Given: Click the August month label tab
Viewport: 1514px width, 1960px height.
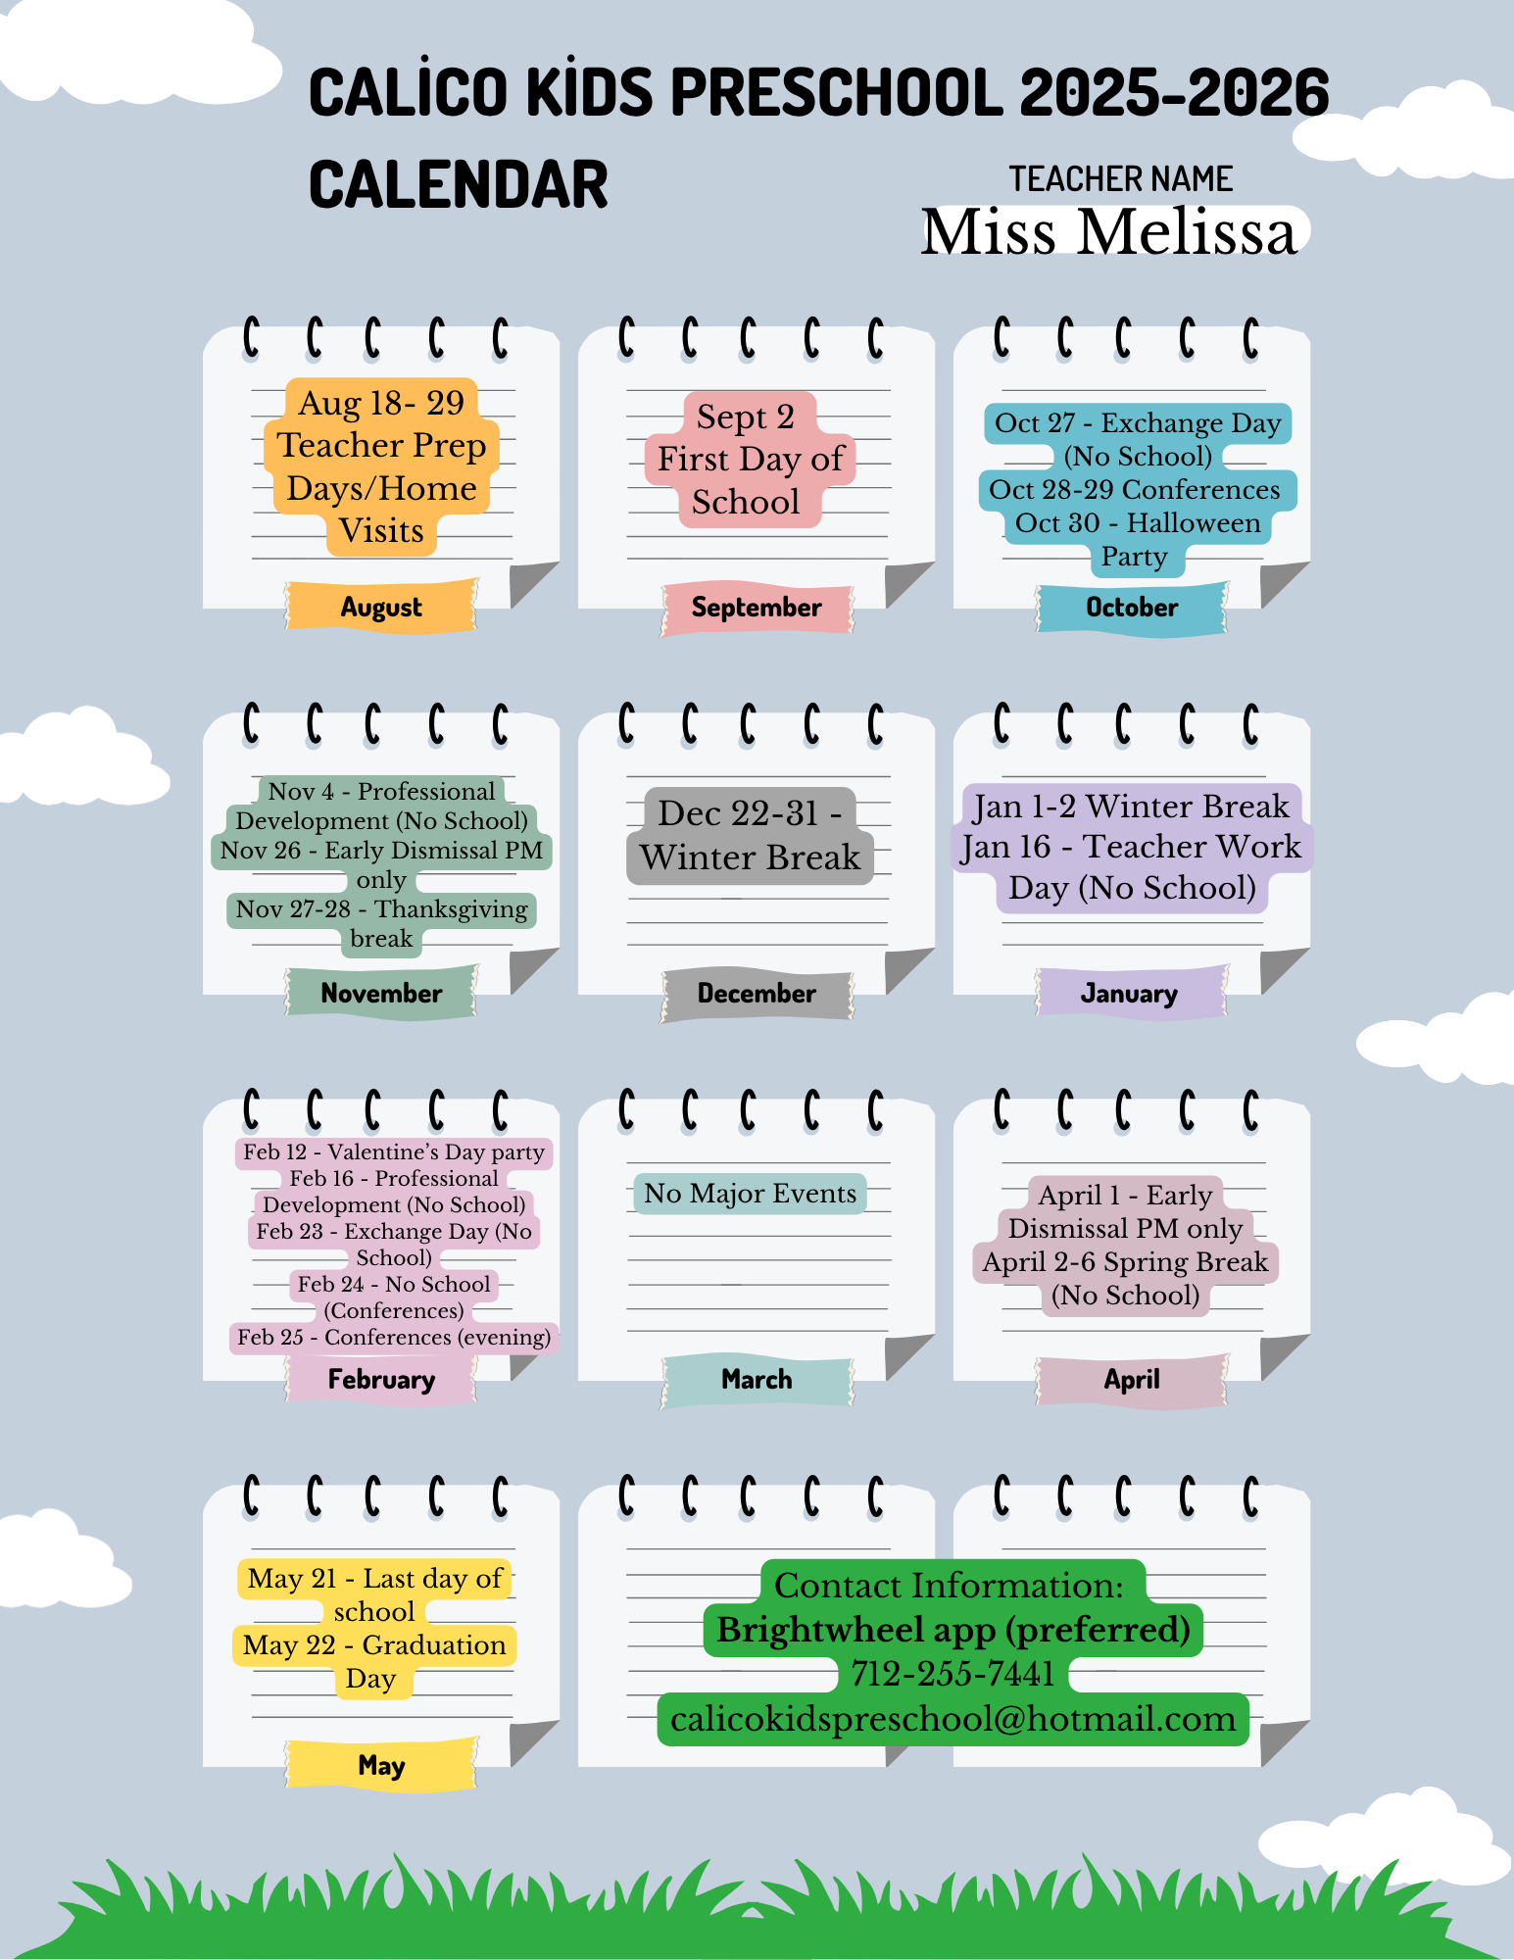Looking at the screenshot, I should click(381, 607).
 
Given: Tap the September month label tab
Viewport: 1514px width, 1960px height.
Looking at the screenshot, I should click(757, 607).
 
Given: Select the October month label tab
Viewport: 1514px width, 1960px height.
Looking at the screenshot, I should click(1132, 607).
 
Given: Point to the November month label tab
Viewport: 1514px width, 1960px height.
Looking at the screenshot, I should click(381, 993).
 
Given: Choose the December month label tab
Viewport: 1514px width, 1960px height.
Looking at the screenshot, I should click(757, 993).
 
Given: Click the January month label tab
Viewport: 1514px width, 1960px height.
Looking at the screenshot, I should click(1130, 993).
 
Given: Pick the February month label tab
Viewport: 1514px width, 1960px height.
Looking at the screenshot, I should click(381, 1379).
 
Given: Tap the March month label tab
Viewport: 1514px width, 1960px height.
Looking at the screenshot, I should click(757, 1379).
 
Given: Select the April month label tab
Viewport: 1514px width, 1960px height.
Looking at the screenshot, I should click(1132, 1379).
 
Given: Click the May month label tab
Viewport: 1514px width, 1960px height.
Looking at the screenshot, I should click(381, 1765).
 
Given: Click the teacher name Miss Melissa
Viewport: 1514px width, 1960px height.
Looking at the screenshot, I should click(1108, 232).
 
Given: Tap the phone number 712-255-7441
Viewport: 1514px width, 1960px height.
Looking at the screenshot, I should click(952, 1674).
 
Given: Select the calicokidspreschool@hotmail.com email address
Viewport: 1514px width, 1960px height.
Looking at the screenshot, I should click(952, 1719).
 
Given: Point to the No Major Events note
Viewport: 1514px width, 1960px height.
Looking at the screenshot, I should click(750, 1194).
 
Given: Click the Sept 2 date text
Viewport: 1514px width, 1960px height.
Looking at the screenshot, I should click(746, 416).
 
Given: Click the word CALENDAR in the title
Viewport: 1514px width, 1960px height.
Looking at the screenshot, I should click(458, 184).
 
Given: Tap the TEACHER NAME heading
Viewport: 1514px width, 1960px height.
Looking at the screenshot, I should click(1121, 178).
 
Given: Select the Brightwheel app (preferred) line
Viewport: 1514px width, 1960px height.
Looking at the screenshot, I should click(952, 1630).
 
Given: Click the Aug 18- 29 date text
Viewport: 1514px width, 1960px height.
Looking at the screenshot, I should click(381, 403).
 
